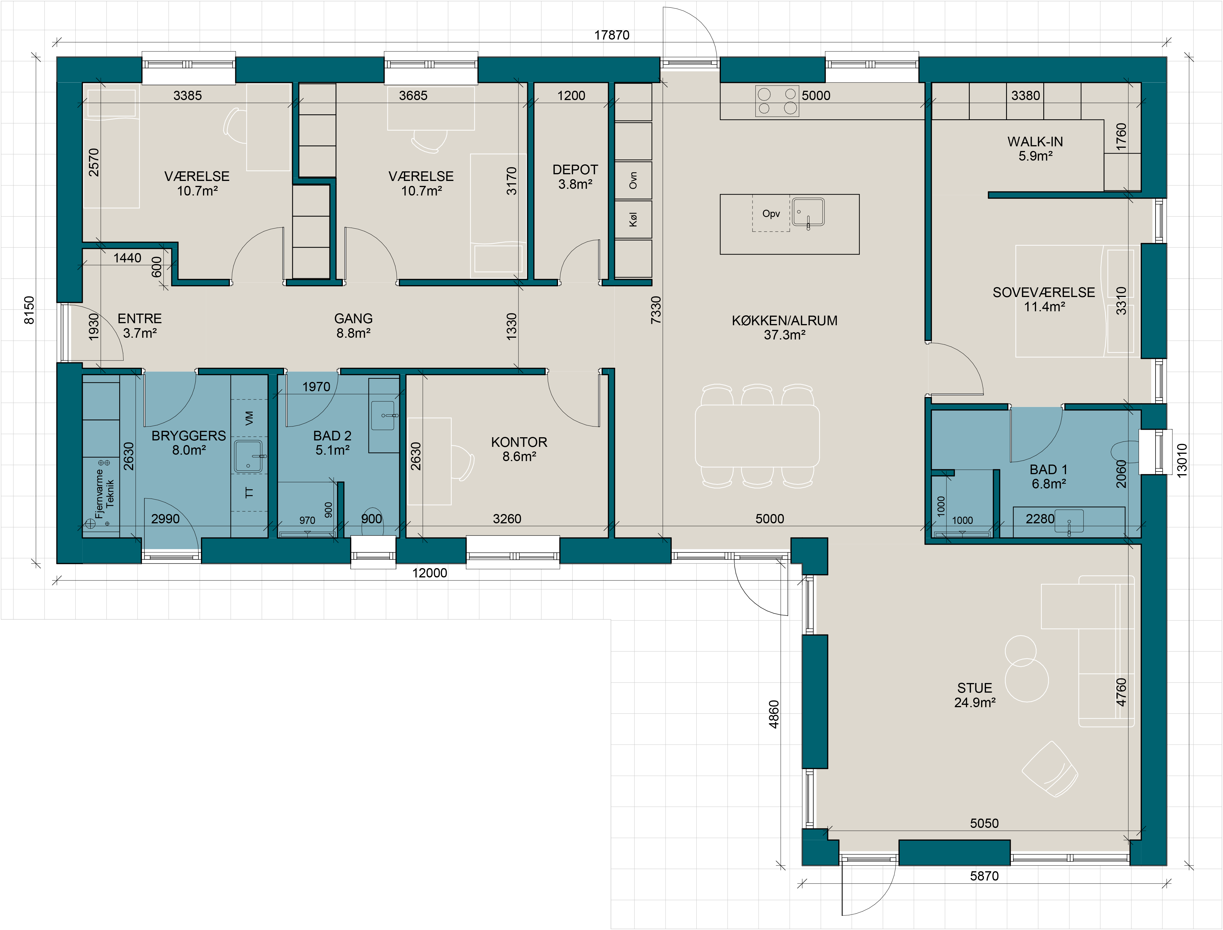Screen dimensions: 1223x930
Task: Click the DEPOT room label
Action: (x=575, y=169)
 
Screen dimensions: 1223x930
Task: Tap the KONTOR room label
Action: (x=519, y=442)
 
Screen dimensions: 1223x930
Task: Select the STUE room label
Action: (x=974, y=688)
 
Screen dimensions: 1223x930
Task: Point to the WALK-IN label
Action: (x=1035, y=142)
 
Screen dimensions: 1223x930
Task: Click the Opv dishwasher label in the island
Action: (x=771, y=214)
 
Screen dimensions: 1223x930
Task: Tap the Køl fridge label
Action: (x=633, y=220)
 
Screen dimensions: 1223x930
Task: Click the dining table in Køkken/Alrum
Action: (x=757, y=436)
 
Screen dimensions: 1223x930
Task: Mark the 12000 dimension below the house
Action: (x=429, y=573)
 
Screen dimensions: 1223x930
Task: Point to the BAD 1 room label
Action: (x=1048, y=470)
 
